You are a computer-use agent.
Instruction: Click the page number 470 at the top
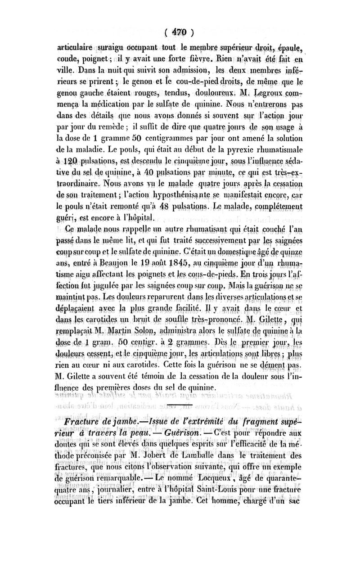pyautogui.click(x=180, y=32)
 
